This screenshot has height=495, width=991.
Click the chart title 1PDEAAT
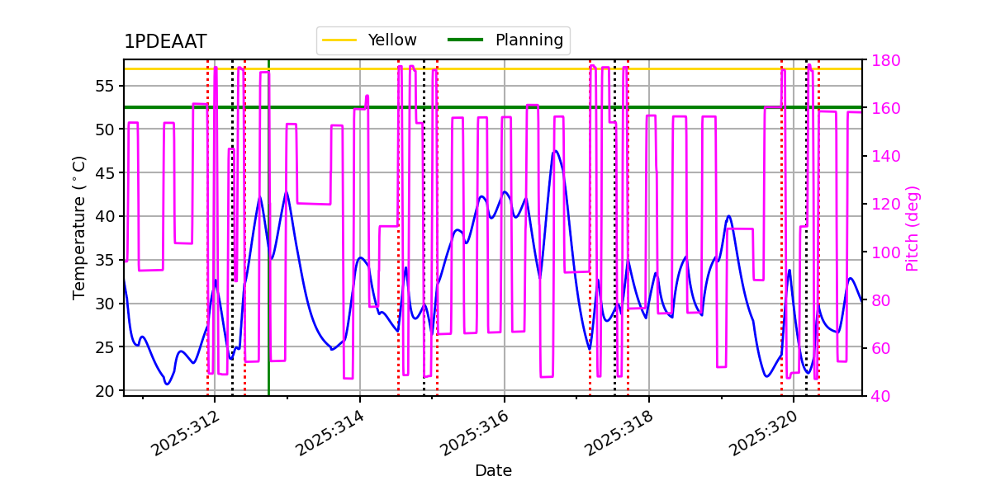click(165, 42)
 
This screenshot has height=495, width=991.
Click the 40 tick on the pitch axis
click(880, 396)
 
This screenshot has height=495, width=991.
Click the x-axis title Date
click(493, 471)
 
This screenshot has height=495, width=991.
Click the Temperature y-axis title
click(79, 227)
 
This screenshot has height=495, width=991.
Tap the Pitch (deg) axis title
click(913, 228)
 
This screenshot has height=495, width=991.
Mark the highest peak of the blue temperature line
click(555, 151)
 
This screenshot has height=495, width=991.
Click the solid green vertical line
click(268, 247)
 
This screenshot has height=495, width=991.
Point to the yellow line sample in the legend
click(339, 40)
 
